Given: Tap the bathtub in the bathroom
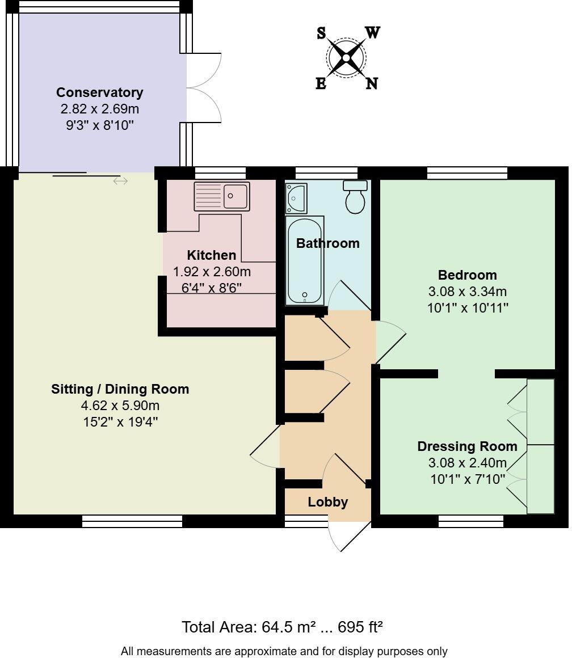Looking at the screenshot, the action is coord(305,260).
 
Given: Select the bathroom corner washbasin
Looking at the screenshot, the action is coord(296,198).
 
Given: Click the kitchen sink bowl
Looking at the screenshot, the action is coord(236,196).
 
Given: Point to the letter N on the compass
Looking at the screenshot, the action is coord(371,83).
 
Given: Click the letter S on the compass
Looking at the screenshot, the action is coord(321,33).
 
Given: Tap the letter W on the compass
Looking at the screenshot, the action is coord(372,32).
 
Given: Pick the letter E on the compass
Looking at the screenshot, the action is coord(321,84).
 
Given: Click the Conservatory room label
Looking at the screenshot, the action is coord(100,92).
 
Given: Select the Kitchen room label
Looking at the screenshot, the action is coord(212,255).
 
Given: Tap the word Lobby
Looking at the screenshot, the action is coord(328,503).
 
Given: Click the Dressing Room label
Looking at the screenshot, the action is coord(467,446).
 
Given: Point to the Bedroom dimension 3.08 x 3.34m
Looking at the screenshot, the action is coord(468,291).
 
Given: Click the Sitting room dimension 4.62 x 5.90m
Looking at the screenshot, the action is coord(120,406).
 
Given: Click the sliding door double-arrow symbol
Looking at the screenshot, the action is coord(120,182).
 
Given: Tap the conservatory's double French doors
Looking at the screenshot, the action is coord(204,88).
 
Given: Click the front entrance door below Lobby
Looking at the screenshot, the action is coord(349,536).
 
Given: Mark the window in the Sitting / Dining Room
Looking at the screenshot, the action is coord(132,521).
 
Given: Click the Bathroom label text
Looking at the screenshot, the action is coord(328,243).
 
